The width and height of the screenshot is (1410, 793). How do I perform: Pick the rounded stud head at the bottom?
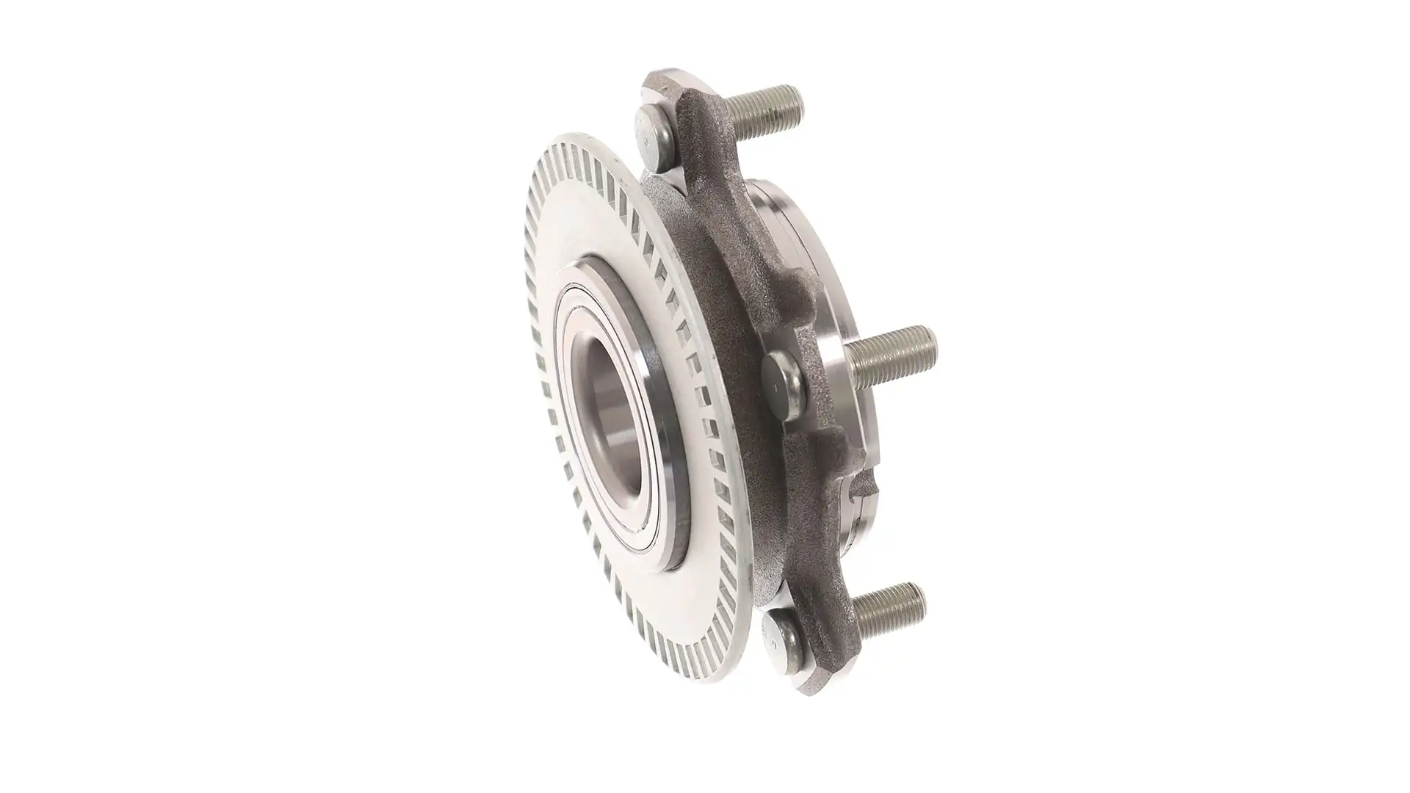pos(778,639)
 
